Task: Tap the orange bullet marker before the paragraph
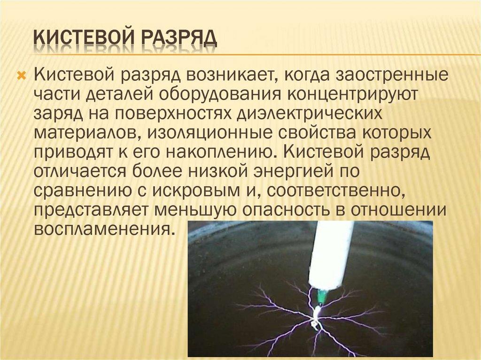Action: (x=22, y=75)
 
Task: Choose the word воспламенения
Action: (x=101, y=230)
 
